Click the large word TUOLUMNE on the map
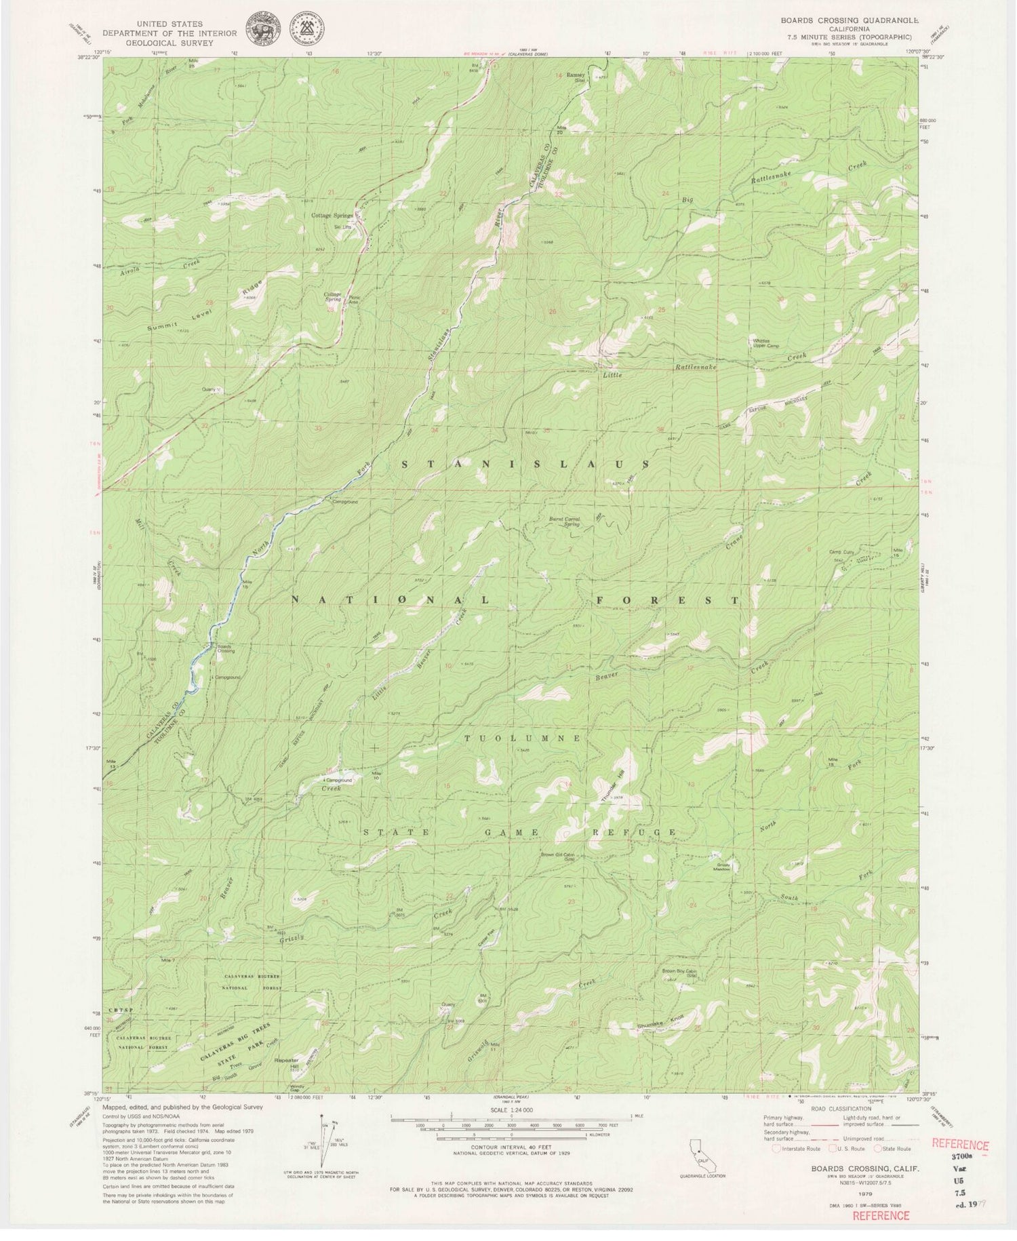point(522,738)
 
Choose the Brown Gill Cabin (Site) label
point(559,855)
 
